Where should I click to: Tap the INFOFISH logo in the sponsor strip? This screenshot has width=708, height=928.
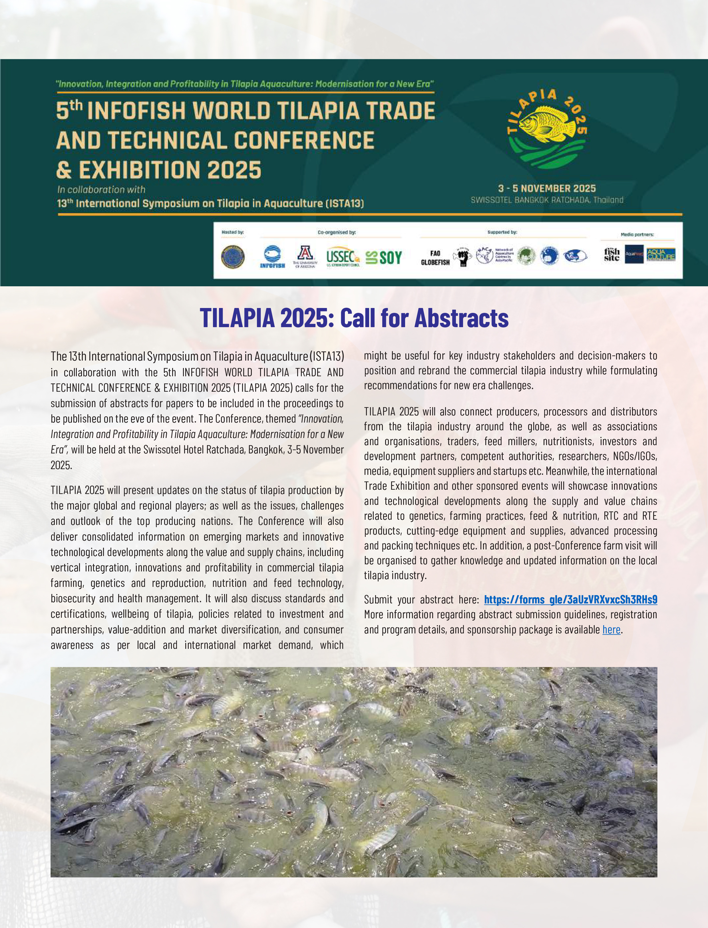[272, 257]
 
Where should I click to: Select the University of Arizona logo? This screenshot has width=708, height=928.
[305, 257]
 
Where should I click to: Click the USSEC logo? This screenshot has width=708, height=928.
[343, 257]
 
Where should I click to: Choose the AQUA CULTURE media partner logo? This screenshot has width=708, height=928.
[661, 254]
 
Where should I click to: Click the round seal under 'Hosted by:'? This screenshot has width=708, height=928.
[233, 257]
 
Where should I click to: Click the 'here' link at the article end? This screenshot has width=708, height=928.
[611, 629]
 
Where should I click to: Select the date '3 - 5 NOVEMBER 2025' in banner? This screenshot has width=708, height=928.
[547, 189]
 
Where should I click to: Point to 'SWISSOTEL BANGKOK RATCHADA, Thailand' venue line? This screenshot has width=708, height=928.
[547, 200]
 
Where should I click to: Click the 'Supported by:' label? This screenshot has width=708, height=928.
[502, 232]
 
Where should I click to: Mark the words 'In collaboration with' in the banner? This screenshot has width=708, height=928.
[101, 189]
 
